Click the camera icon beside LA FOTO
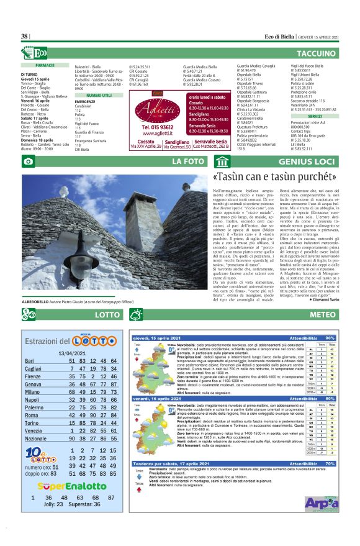tap(28, 162)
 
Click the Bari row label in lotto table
tap(29, 361)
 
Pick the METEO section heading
tap(322, 316)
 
